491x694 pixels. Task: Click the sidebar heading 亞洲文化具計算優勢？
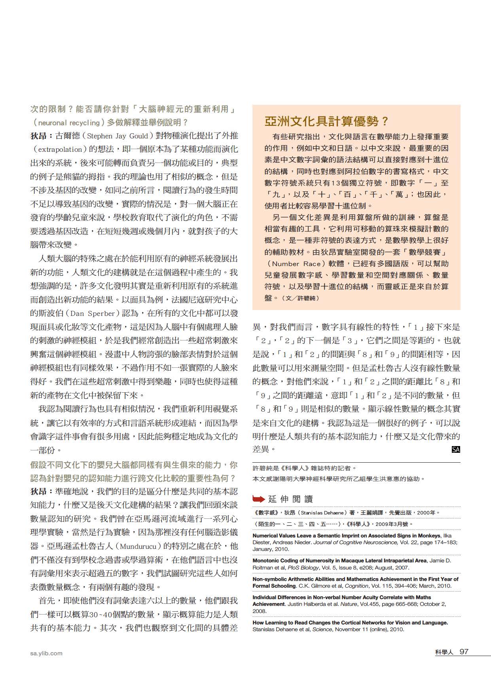click(x=327, y=121)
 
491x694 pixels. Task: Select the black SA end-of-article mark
click(x=456, y=449)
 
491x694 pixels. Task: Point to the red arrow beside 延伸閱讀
click(x=259, y=499)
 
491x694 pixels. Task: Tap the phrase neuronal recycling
click(x=69, y=123)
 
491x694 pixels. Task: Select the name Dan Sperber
click(x=93, y=314)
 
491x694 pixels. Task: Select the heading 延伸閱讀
click(x=290, y=499)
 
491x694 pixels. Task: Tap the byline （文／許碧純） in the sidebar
click(x=302, y=298)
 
